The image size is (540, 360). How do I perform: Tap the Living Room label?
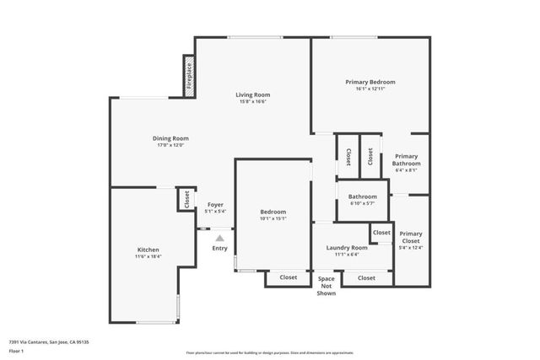tap(252, 94)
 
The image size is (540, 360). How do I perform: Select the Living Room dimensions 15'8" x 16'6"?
tap(252, 102)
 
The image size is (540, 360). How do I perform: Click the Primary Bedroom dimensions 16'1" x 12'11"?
tap(370, 89)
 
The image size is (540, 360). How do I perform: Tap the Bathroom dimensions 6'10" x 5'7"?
tap(363, 203)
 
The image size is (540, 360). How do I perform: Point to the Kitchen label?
tap(148, 250)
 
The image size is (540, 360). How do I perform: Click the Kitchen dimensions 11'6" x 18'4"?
tap(148, 256)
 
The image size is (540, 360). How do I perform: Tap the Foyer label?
tap(216, 205)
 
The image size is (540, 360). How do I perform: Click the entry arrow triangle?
tap(219, 239)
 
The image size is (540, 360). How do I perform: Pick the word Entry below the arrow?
tap(219, 248)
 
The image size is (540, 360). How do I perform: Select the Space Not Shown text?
tap(326, 285)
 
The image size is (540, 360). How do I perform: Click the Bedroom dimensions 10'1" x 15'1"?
tap(273, 218)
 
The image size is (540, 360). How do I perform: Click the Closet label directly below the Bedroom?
tap(289, 277)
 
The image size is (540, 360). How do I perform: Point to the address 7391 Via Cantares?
tap(49, 341)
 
